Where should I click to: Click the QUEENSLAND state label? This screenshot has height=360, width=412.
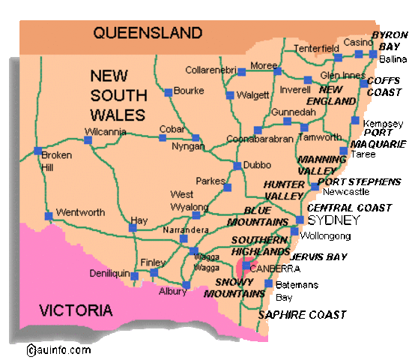click(x=148, y=33)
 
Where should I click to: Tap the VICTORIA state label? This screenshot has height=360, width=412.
click(x=76, y=310)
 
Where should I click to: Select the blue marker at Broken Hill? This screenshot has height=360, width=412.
click(x=37, y=151)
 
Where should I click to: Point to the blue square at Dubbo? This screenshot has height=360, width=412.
click(x=237, y=166)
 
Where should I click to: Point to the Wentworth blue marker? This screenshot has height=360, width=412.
click(x=49, y=216)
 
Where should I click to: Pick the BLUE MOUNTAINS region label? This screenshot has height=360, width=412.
click(x=266, y=217)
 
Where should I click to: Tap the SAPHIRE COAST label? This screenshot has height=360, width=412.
click(x=302, y=315)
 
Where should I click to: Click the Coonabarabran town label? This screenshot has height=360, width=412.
click(x=258, y=139)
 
